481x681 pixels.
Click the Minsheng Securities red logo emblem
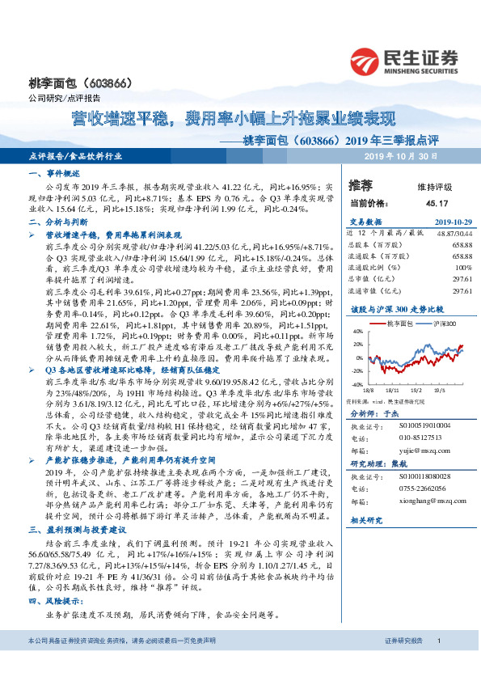(x=367, y=61)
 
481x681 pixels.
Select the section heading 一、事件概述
(x=53, y=174)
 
